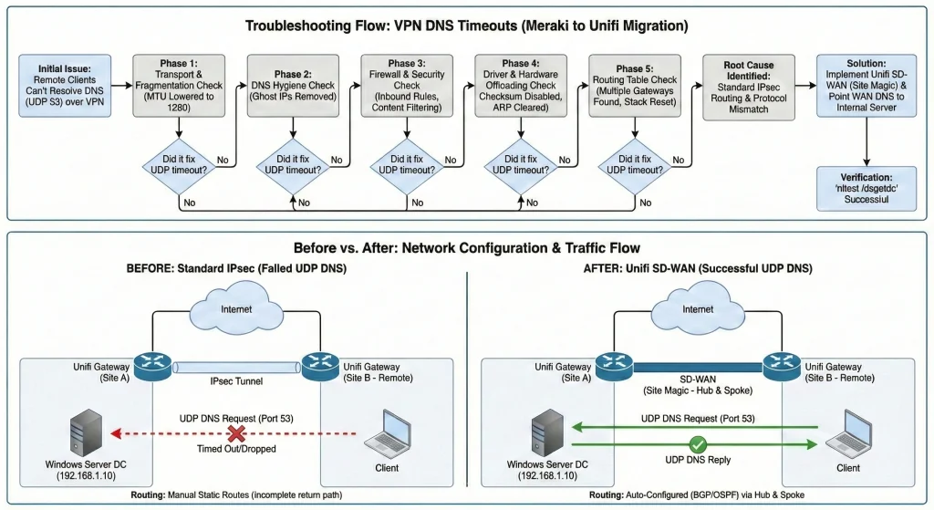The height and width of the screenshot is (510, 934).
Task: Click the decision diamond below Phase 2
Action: [x=294, y=163]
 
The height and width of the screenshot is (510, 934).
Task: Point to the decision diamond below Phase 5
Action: [x=636, y=163]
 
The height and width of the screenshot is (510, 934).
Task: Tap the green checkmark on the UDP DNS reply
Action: [x=699, y=444]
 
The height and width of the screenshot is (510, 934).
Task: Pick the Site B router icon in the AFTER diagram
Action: [x=784, y=367]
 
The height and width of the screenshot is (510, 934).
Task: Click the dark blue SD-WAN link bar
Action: [x=696, y=367]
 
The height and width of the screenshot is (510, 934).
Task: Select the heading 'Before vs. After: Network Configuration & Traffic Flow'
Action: [x=466, y=246]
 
